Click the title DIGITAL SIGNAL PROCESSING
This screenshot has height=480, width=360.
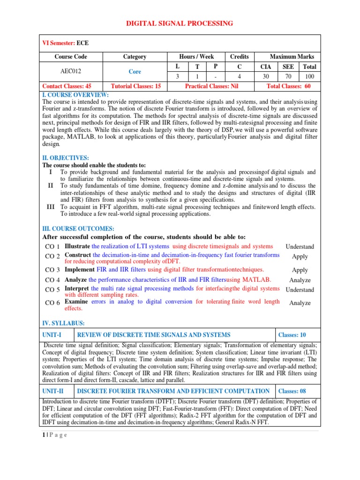pyautogui.click(x=180, y=23)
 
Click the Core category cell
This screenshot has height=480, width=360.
pyautogui.click(x=135, y=72)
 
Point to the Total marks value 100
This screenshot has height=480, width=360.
pyautogui.click(x=309, y=76)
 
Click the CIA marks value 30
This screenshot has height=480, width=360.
pyautogui.click(x=266, y=76)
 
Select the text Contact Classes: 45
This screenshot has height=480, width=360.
pyautogui.click(x=67, y=86)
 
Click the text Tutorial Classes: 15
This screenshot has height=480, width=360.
pyautogui.click(x=135, y=86)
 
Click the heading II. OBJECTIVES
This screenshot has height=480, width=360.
pyautogui.click(x=66, y=158)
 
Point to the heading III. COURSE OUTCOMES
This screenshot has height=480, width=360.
pyautogui.click(x=78, y=228)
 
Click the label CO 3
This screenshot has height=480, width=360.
pyautogui.click(x=52, y=270)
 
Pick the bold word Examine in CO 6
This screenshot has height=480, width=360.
pyautogui.click(x=76, y=302)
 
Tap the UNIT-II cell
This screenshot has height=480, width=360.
pyautogui.click(x=57, y=391)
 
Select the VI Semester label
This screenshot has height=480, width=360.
pyautogui.click(x=59, y=43)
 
